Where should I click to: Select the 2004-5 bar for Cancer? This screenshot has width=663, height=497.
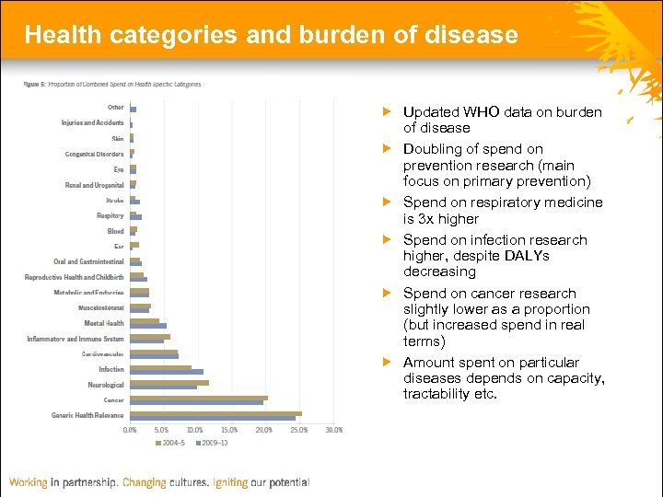[198, 398]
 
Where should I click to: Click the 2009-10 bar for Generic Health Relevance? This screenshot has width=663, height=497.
[212, 418]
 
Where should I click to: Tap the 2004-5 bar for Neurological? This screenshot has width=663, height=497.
[169, 382]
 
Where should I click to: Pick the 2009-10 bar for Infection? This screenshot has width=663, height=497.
[166, 372]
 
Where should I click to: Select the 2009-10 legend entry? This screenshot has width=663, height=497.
[211, 443]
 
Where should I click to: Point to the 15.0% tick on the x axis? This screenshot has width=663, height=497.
[230, 430]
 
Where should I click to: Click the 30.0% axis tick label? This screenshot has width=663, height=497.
[333, 430]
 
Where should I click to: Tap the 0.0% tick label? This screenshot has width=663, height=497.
[130, 430]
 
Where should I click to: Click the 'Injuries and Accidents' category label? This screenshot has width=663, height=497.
[92, 122]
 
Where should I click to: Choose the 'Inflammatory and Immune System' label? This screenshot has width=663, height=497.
[76, 339]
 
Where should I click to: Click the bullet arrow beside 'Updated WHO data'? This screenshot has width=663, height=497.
[388, 111]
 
